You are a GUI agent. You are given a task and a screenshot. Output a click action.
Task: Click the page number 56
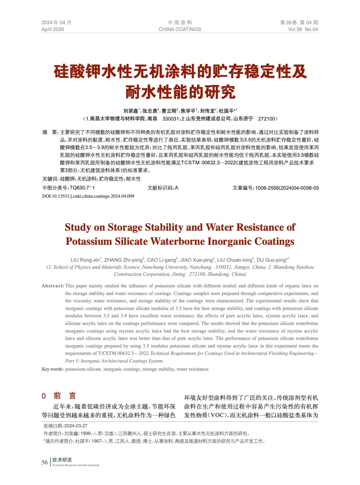pos(45,462)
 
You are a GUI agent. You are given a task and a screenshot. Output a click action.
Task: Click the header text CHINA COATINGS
pos(180,29)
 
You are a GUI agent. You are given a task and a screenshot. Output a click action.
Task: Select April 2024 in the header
pos(53,29)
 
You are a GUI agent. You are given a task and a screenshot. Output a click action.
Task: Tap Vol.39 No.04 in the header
pos(303,29)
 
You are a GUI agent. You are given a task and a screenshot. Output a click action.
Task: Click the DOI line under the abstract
pos(88,196)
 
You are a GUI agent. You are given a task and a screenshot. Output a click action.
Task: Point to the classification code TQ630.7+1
pos(82,188)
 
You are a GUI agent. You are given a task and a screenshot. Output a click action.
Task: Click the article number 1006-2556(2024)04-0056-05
pos(287,188)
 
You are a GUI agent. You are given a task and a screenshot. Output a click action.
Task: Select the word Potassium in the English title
pos(89,241)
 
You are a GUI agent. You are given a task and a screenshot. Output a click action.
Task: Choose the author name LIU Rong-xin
pos(85,260)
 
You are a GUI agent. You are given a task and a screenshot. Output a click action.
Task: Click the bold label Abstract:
pos(53,286)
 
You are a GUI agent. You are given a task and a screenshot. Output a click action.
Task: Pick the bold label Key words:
pos(52,369)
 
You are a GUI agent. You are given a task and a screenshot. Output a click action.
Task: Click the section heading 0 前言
pos(59,396)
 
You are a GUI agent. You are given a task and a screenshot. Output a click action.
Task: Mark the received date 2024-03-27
pos(76,426)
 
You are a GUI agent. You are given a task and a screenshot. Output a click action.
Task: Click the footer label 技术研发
pos(62,460)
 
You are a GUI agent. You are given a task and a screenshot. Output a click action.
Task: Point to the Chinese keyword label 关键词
pos(50,179)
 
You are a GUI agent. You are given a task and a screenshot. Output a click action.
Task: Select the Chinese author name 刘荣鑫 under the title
pos(130,111)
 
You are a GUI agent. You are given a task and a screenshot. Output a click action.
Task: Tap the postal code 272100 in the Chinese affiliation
pos(266,119)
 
